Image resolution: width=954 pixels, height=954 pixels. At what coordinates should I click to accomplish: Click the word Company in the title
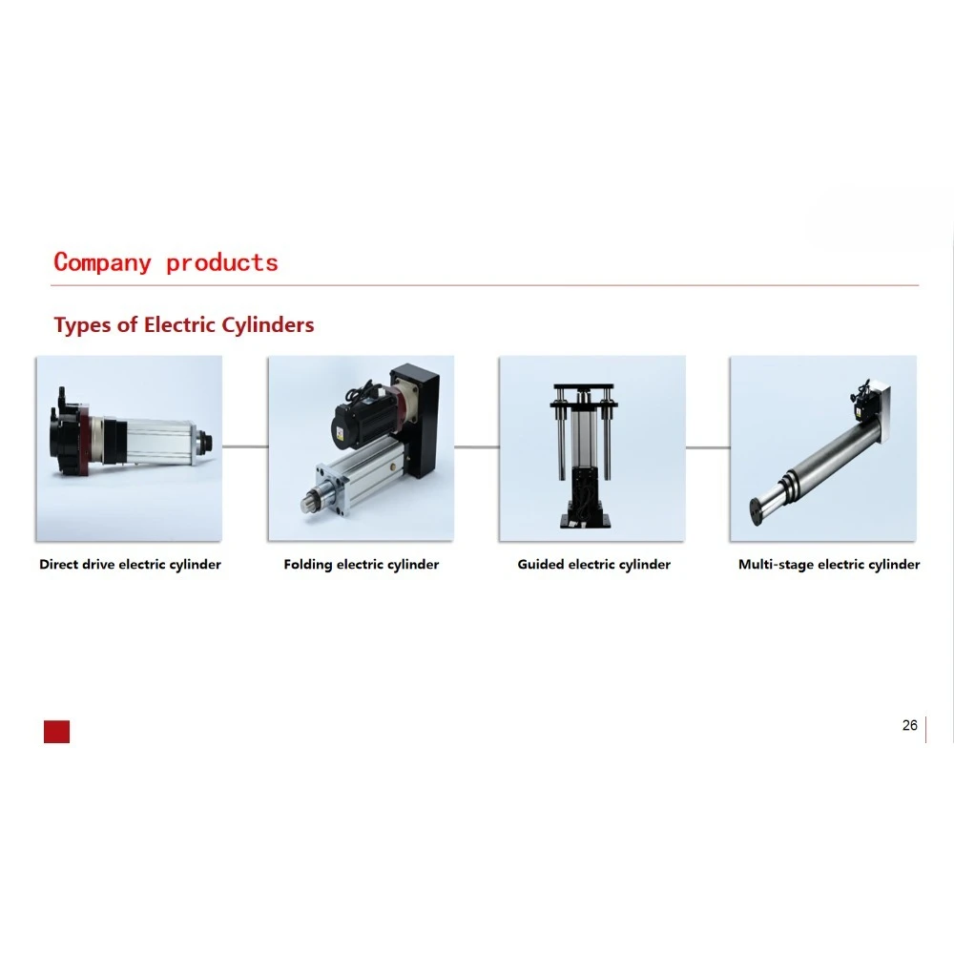click(x=102, y=263)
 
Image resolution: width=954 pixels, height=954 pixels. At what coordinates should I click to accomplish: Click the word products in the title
click(x=222, y=263)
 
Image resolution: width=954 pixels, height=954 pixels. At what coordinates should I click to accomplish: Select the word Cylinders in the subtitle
click(x=268, y=325)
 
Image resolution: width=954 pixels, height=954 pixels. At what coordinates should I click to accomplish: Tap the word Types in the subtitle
click(x=83, y=325)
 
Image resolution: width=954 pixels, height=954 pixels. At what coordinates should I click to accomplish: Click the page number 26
click(x=909, y=725)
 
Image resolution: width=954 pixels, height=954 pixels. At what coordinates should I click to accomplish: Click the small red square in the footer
click(x=56, y=732)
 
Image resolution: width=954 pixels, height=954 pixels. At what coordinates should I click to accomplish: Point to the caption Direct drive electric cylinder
click(x=130, y=565)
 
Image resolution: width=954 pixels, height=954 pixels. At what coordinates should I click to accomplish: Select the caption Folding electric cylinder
click(x=362, y=565)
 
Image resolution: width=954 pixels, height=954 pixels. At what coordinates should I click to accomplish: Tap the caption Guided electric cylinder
click(x=593, y=565)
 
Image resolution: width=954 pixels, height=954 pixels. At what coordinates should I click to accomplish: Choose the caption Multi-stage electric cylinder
click(x=829, y=565)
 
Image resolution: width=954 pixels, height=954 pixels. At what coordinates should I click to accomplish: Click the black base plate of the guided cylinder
click(x=586, y=521)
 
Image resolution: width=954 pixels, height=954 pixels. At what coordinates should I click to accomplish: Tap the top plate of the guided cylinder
click(x=584, y=387)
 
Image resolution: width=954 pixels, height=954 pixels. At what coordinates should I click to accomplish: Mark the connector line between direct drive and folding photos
click(x=245, y=446)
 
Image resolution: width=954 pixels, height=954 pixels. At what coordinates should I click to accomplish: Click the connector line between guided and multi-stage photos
click(x=708, y=447)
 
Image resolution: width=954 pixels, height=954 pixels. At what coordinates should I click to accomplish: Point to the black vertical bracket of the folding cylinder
click(x=422, y=420)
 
